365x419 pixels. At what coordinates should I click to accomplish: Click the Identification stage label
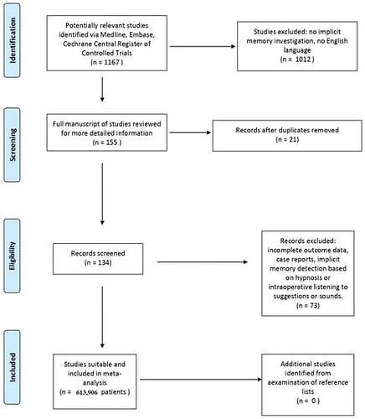coord(13,40)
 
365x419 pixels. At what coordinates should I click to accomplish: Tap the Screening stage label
coord(13,144)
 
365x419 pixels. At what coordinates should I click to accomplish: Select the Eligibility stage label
coord(12,256)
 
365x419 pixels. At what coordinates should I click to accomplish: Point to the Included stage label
coord(13,367)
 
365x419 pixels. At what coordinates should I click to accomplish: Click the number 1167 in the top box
coord(111,62)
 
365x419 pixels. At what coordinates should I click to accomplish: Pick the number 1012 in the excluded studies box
coord(303,59)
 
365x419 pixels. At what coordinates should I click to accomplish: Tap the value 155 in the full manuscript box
coord(111,142)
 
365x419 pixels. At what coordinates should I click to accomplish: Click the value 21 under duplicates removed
coord(292,139)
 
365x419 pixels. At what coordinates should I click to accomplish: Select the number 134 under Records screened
coord(104,262)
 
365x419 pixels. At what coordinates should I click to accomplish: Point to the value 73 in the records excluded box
coord(313,305)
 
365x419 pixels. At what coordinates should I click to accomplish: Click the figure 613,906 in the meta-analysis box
coord(86,392)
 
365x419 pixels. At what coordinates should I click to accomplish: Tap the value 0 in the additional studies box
coord(314,401)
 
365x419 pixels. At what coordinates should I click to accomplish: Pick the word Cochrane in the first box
coord(76,44)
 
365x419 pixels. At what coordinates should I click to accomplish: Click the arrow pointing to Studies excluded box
coord(203,46)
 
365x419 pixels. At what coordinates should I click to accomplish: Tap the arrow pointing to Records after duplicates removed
coord(190,132)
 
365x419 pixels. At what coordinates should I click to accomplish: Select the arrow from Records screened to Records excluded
coord(203,262)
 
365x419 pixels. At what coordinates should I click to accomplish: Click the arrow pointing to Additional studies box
coord(201,380)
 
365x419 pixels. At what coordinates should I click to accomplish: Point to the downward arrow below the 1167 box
coord(102,90)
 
